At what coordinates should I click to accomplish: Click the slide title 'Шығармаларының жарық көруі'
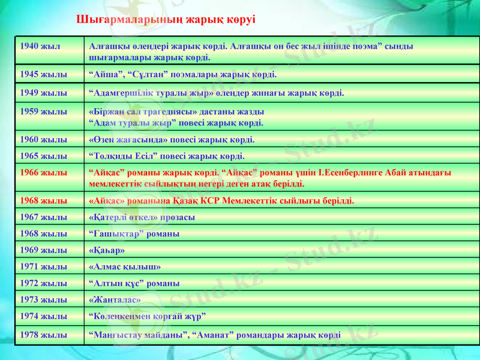(166, 19)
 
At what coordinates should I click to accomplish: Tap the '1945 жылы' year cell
(43, 75)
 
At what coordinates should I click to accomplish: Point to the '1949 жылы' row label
(43, 93)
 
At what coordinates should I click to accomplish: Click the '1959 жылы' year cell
(43, 112)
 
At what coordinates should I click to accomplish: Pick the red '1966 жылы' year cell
(43, 172)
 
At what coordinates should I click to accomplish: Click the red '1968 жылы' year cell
(43, 200)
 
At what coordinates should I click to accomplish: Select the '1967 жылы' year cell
(43, 217)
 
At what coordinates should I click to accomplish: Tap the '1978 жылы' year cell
(43, 334)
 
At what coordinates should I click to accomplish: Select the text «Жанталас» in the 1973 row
(115, 299)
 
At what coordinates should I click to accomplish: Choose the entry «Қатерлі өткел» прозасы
(141, 217)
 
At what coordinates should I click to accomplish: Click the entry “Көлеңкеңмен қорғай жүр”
(148, 315)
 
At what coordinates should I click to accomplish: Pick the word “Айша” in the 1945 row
(106, 75)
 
